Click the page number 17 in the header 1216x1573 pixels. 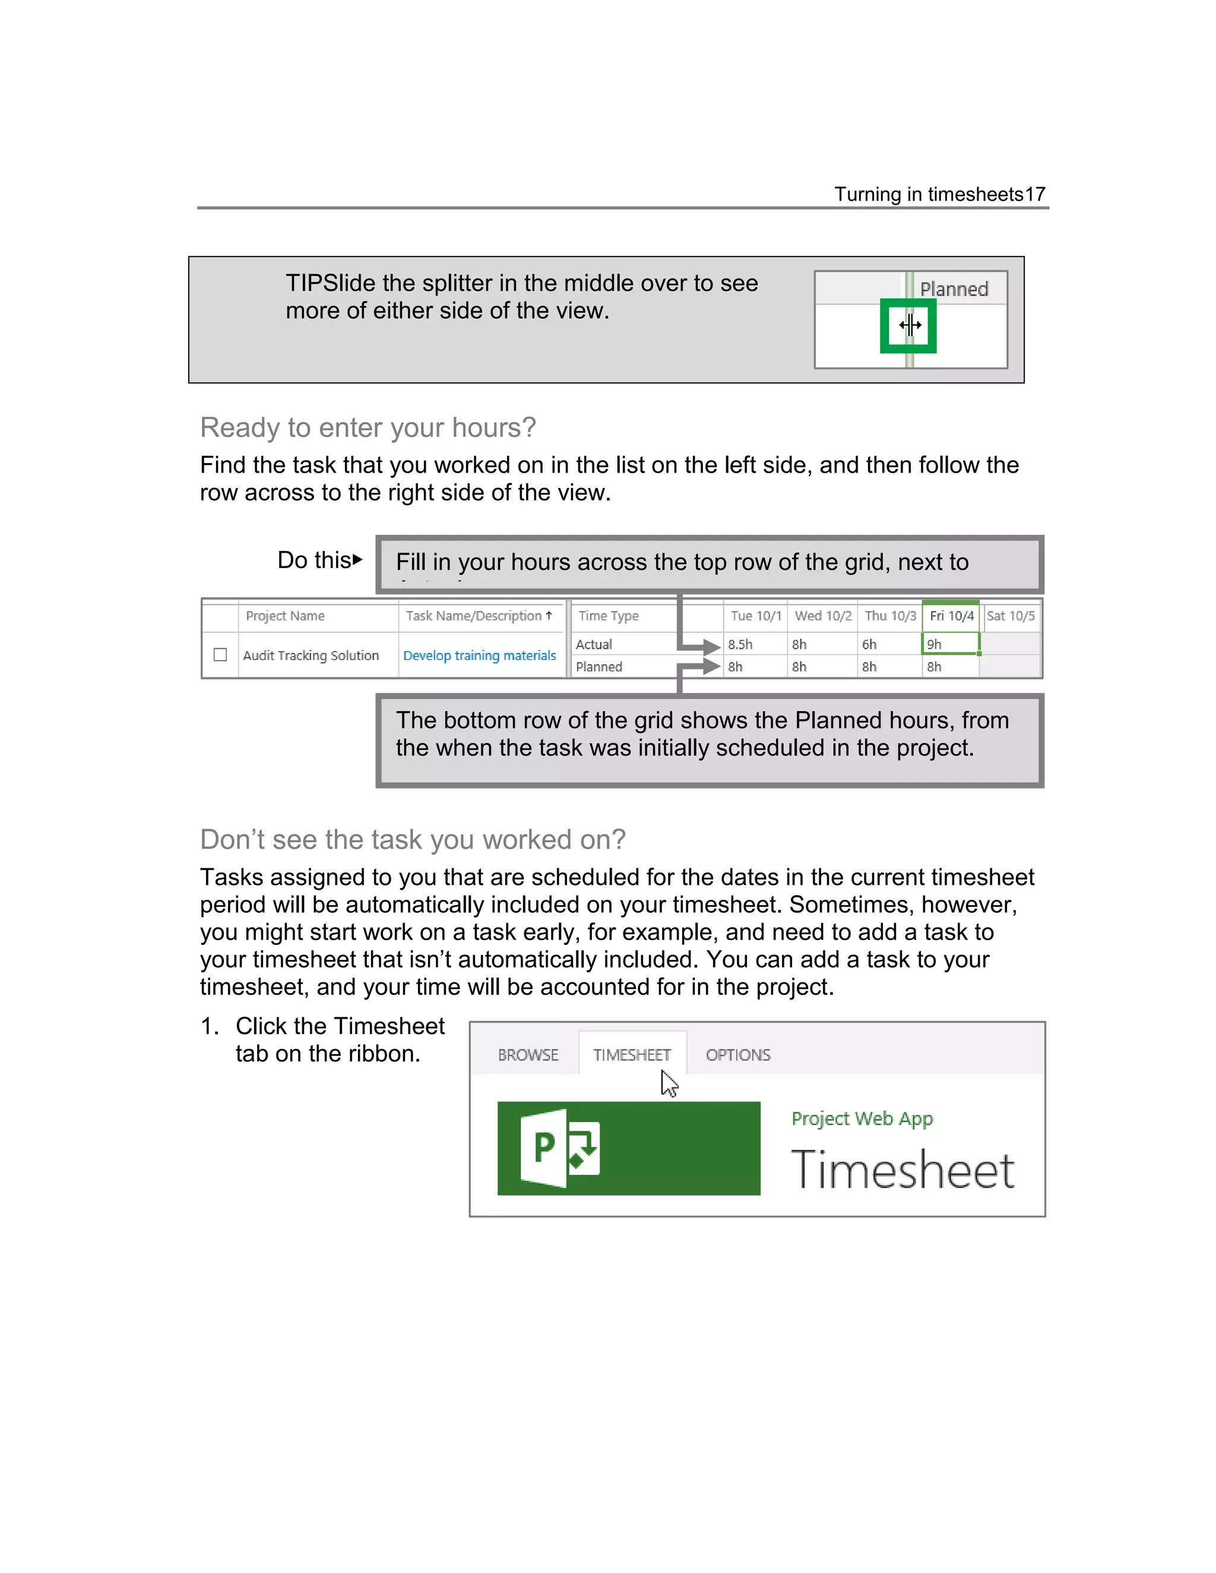point(1034,195)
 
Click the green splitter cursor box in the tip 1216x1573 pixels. point(908,325)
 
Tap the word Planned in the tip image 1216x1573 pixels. point(954,290)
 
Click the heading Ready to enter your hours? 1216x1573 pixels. point(368,428)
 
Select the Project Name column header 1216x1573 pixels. point(285,616)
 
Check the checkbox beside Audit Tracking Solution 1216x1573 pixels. point(220,655)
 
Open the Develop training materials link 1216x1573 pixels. point(479,655)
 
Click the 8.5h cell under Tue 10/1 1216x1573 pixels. point(740,645)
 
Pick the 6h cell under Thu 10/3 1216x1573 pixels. point(869,645)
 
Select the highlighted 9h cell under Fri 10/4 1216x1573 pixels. point(949,644)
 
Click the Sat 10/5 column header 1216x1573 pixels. point(1010,616)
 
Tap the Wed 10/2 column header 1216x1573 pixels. point(823,616)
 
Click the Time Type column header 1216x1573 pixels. point(609,616)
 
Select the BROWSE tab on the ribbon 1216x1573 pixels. point(528,1055)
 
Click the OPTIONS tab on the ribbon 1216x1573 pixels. point(737,1055)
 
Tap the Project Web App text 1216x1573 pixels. point(862,1118)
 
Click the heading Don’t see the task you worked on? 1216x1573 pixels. point(413,840)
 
